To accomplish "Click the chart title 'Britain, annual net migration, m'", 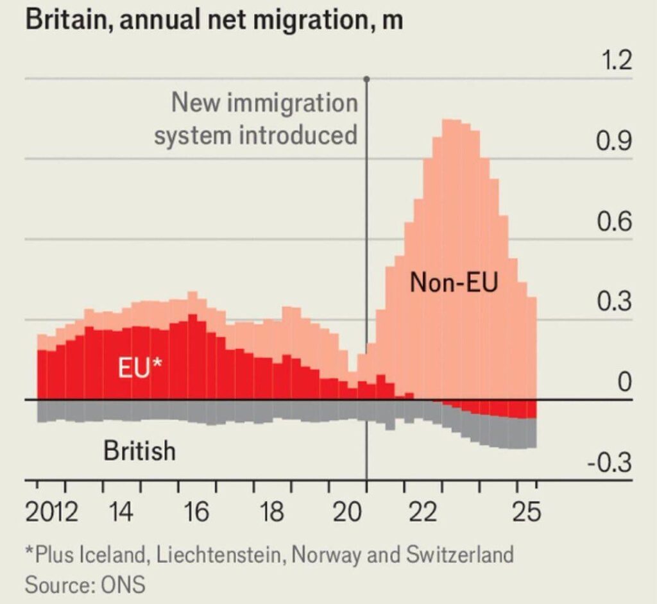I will (x=214, y=20).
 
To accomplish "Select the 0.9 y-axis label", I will (x=614, y=142).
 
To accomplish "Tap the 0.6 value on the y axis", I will (x=614, y=222).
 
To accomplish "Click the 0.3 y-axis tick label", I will (x=614, y=303).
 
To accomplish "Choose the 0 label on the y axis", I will (x=625, y=383).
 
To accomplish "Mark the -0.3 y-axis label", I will (x=610, y=463).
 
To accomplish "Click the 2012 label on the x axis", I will (x=52, y=513).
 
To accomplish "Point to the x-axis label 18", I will (x=271, y=513).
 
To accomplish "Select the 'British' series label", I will (x=139, y=451).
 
